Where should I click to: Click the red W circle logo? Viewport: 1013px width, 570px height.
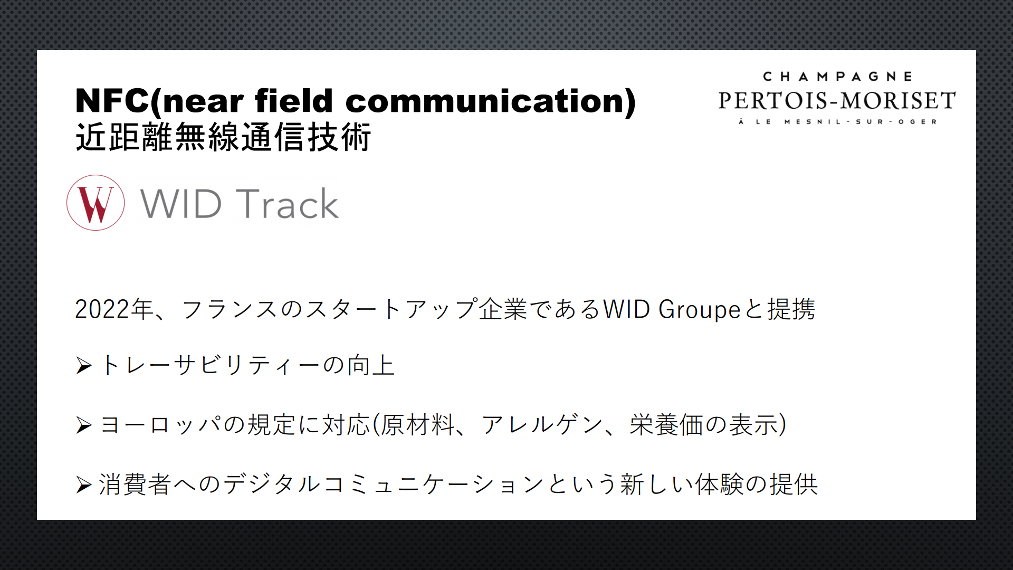(x=95, y=203)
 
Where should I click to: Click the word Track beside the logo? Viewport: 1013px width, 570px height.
(x=287, y=204)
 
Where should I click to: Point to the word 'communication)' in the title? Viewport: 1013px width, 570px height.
(x=491, y=101)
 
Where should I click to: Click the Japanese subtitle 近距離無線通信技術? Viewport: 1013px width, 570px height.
(x=223, y=137)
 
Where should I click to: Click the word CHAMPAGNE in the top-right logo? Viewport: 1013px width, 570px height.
(x=837, y=77)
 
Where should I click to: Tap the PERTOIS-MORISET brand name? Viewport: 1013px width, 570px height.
(x=837, y=100)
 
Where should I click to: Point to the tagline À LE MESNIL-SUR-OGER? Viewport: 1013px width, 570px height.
(x=837, y=122)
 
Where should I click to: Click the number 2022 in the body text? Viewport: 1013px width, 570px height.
(x=102, y=309)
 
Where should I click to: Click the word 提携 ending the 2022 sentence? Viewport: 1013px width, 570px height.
(x=791, y=309)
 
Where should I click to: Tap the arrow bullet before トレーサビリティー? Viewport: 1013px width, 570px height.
(x=84, y=365)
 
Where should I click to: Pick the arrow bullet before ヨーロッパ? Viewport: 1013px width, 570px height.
(x=84, y=425)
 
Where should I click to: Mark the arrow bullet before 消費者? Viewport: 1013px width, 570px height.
(x=84, y=484)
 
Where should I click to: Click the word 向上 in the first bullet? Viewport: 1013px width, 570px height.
(x=371, y=365)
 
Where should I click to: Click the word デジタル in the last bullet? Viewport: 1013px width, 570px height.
(x=272, y=484)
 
